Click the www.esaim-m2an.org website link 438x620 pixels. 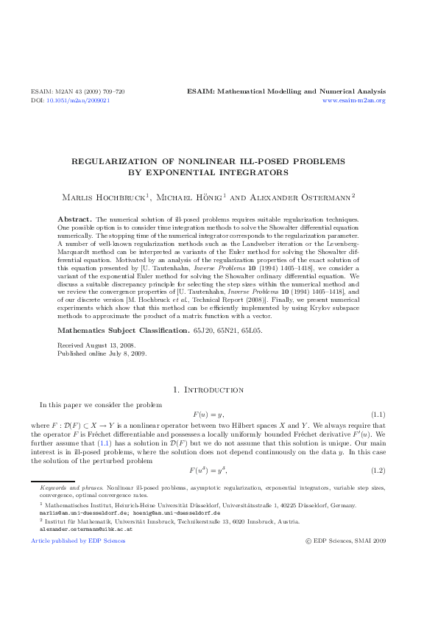pyautogui.click(x=354, y=100)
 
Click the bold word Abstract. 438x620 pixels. pyautogui.click(x=74, y=219)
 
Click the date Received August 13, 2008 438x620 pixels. pyautogui.click(x=96, y=345)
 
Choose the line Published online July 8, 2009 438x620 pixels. pyautogui.click(x=102, y=353)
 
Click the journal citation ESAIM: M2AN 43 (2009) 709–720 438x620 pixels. pyautogui.click(x=77, y=91)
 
